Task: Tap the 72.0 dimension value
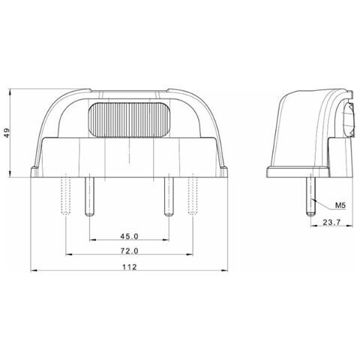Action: (130, 252)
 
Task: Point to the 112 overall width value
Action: (130, 268)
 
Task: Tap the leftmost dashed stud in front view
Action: (67, 193)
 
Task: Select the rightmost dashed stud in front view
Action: (192, 193)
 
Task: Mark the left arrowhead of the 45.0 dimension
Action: (91, 241)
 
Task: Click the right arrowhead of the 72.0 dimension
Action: (190, 257)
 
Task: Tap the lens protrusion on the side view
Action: (347, 120)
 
